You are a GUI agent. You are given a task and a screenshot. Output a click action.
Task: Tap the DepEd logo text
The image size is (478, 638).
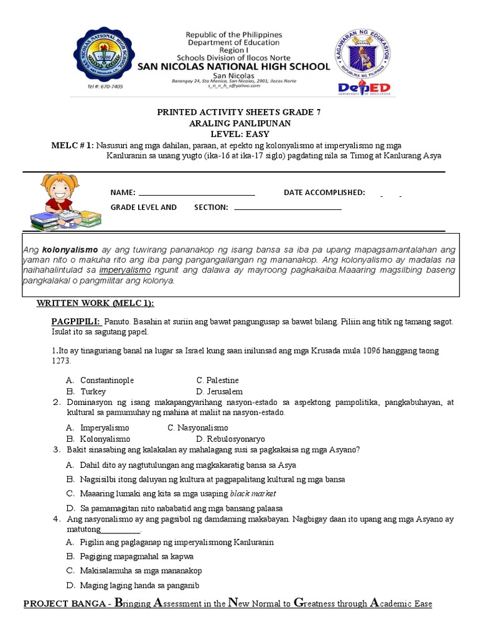[x=365, y=87]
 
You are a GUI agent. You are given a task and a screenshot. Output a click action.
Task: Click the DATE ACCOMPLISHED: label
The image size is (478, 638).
[x=324, y=193]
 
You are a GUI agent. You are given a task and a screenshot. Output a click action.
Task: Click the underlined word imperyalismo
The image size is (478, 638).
[x=125, y=270]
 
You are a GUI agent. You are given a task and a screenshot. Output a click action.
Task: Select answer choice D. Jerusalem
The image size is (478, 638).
[x=219, y=391]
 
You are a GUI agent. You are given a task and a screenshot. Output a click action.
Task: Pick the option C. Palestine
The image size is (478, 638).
[x=217, y=380]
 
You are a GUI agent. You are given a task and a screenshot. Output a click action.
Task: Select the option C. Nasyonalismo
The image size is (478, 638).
[x=198, y=427]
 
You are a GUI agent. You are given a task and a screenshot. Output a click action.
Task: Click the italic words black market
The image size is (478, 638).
[x=253, y=493]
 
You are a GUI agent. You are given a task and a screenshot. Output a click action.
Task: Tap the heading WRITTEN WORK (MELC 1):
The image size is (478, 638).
[x=95, y=303]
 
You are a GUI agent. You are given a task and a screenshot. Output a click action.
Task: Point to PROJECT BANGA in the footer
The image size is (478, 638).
[x=63, y=604]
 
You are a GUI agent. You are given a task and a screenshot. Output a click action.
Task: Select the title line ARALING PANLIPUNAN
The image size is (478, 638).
[x=239, y=123]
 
